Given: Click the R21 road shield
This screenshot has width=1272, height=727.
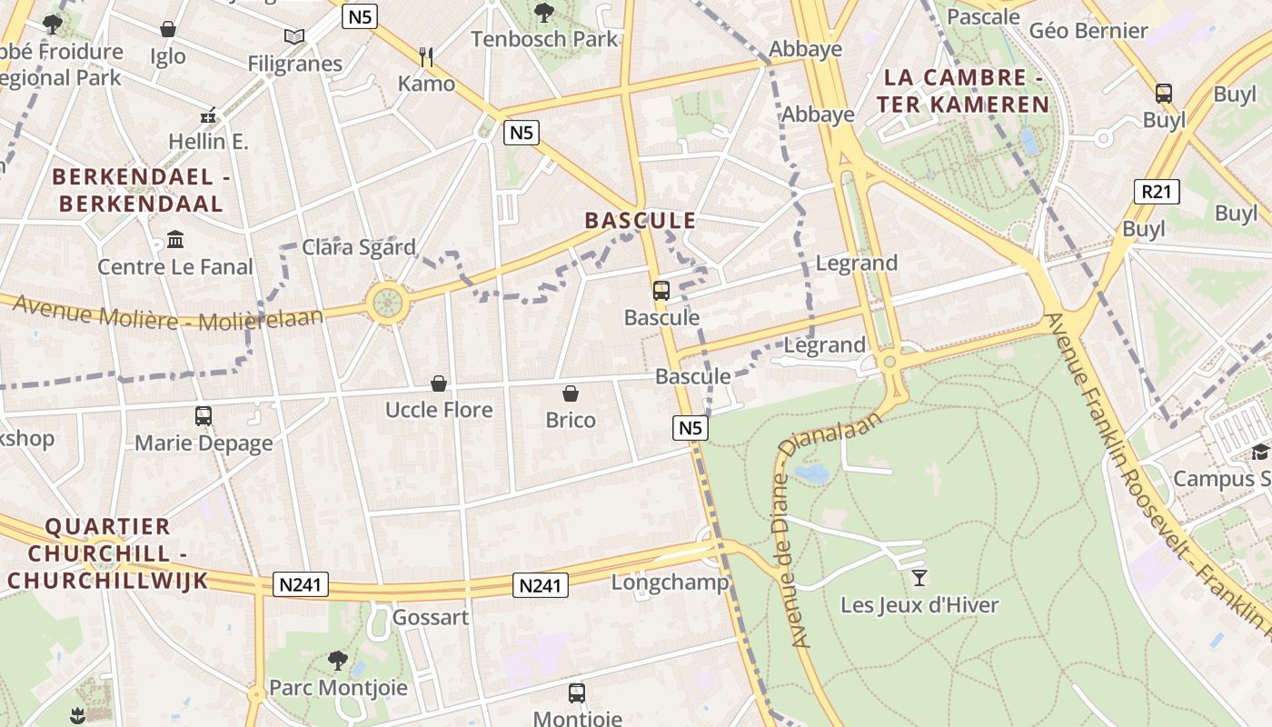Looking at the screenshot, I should coord(1157,191).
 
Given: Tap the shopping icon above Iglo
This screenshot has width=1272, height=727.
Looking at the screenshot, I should coord(168,29).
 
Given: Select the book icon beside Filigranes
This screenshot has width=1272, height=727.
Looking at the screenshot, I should coord(293,36).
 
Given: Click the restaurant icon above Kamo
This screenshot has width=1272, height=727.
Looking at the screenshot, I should coord(426,57).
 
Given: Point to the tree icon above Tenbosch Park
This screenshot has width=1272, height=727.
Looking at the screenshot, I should coord(544,13).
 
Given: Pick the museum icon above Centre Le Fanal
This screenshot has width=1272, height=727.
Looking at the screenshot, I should coord(175,240).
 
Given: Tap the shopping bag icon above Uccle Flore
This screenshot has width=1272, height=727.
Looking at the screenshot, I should coord(439,383).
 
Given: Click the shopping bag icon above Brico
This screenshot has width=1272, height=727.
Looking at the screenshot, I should coord(571,393).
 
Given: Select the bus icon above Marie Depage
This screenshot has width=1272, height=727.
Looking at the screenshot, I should coord(204,416).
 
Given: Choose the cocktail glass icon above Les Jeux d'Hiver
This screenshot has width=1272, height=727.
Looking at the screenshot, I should coord(919,577).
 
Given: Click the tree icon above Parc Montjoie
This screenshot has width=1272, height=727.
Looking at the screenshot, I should coord(338,660).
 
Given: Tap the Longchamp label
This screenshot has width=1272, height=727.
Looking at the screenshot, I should coord(670,583).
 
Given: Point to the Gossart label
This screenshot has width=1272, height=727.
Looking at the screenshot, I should coord(431,617).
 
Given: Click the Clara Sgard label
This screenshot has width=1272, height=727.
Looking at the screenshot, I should coord(359,247).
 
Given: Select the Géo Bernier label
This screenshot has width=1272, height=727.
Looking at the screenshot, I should coord(1088,30).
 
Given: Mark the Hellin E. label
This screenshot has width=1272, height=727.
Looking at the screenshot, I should coord(208,141).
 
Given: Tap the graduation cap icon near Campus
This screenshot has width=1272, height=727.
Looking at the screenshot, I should coord(1259,452).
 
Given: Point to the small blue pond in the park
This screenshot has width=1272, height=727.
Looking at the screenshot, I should coord(811,473).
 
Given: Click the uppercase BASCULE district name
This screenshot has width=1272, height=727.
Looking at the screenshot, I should coord(641,221).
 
